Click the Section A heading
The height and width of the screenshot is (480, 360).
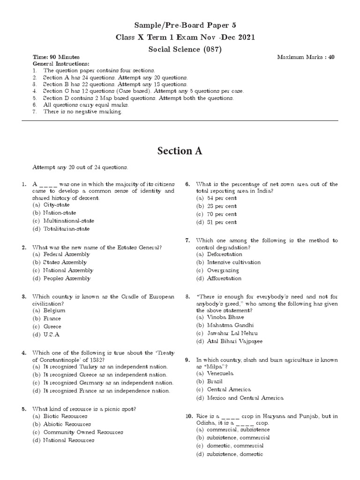click(180, 151)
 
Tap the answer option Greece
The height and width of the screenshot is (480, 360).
click(52, 326)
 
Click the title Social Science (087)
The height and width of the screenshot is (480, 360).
click(180, 48)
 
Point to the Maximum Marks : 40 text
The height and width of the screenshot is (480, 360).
click(306, 57)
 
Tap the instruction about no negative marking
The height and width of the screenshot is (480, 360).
click(82, 112)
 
